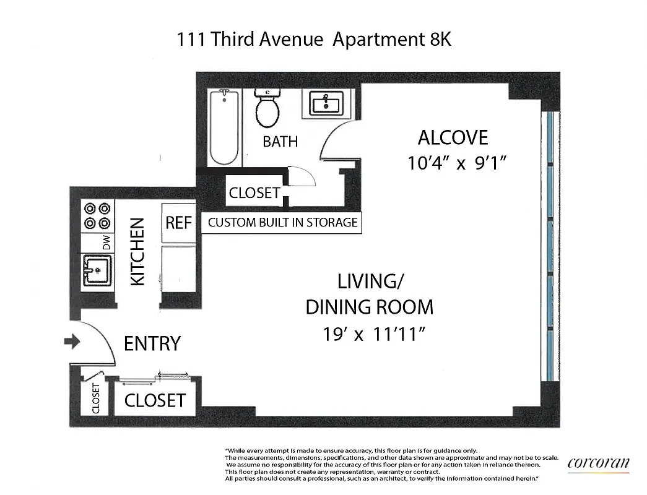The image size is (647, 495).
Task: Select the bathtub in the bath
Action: pos(224,127)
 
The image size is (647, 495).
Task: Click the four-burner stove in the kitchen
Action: pos(98,215)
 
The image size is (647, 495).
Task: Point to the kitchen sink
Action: pos(97,270)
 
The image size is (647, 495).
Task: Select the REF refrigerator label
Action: pos(178,222)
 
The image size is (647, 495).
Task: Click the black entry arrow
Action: pos(72,341)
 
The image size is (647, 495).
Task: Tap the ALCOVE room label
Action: pos(453,137)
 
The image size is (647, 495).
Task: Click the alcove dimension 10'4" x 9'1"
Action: pos(458,164)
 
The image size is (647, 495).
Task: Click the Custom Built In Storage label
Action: pos(282,223)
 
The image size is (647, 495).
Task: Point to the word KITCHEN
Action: pos(137,251)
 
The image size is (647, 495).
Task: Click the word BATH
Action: pos(280,142)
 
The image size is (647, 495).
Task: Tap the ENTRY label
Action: pos(152,343)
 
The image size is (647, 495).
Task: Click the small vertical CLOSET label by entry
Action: pos(96,399)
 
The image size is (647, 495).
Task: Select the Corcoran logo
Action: pos(598,463)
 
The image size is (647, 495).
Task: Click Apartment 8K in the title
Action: pos(393,40)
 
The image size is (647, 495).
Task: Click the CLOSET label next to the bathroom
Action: pos(254,192)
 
